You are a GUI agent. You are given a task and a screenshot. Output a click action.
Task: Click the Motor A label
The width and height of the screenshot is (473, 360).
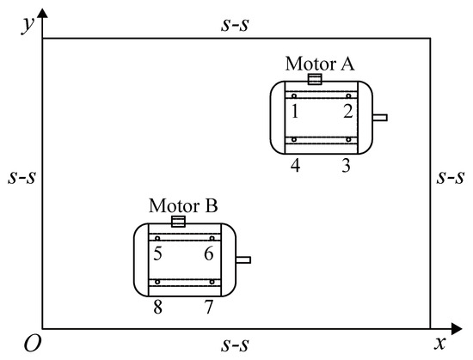320,64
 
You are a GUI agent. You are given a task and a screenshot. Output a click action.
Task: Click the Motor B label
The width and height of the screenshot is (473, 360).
183,206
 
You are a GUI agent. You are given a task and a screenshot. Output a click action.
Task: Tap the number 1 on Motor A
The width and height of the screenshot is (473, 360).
295,111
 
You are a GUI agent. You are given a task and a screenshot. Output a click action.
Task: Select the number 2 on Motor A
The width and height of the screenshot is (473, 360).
348,111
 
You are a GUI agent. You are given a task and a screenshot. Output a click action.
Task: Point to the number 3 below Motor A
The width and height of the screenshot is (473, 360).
346,165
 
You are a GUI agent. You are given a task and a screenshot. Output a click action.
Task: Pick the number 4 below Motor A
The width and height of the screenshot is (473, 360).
295,165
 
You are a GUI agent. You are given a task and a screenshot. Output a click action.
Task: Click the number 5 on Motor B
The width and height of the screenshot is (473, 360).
157,253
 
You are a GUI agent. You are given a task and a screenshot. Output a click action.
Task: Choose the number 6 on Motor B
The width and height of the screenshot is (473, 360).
209,253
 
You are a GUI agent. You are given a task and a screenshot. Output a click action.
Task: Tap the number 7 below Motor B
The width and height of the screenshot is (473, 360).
209,308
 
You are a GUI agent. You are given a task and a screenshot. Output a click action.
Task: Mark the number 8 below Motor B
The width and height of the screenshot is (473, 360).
157,308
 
